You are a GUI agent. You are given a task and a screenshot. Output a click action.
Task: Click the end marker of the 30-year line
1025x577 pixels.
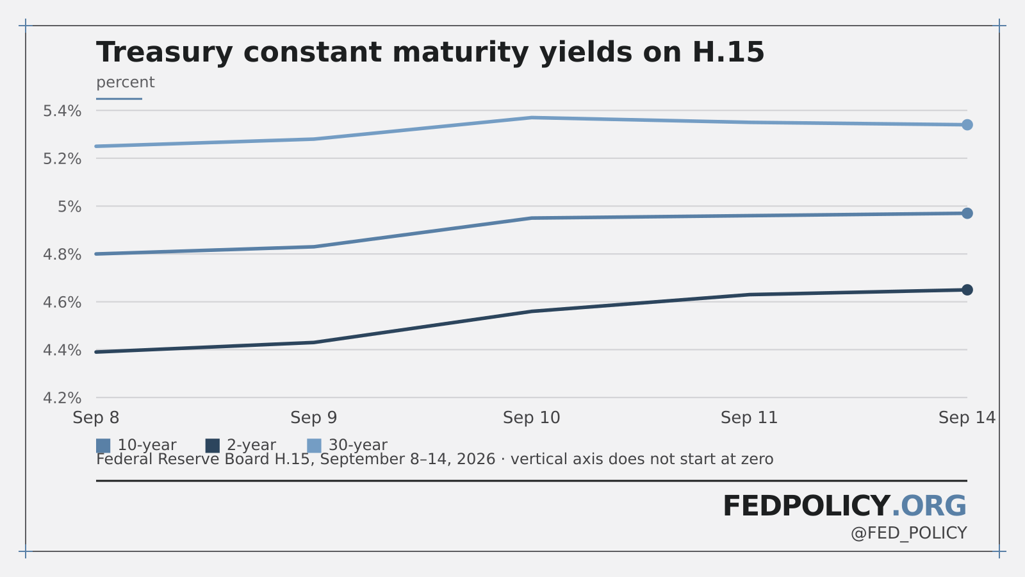(x=967, y=124)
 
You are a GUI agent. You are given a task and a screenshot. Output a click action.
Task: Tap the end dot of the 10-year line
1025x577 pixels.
(x=967, y=213)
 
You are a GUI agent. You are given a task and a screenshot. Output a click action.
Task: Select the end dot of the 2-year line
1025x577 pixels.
(x=967, y=290)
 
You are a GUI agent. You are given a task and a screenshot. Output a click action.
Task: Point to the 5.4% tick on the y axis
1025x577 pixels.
(x=62, y=111)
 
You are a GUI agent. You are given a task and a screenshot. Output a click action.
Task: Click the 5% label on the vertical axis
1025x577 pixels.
(x=70, y=206)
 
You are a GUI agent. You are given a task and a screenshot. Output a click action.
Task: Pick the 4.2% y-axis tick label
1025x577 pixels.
(x=62, y=398)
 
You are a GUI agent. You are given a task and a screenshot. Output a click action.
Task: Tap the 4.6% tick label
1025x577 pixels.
(x=62, y=302)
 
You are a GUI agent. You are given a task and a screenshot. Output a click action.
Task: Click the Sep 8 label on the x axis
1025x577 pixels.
(x=96, y=417)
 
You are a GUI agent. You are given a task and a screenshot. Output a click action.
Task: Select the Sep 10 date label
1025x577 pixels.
(x=531, y=417)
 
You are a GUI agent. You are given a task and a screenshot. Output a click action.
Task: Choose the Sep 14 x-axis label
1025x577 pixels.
(x=967, y=417)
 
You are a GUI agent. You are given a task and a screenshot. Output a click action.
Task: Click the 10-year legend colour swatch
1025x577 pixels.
(x=103, y=446)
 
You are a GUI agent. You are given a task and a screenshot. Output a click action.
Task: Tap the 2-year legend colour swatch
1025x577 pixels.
(x=212, y=446)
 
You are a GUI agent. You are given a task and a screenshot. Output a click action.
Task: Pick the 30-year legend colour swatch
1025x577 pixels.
(x=314, y=446)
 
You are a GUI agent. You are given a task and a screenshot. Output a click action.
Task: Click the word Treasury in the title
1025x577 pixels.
(x=165, y=53)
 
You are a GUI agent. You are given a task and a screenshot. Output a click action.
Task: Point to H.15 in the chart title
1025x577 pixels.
(x=728, y=52)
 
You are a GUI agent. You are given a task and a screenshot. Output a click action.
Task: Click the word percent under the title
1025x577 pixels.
(x=126, y=83)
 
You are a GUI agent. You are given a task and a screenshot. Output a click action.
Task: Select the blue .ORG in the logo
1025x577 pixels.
(x=929, y=506)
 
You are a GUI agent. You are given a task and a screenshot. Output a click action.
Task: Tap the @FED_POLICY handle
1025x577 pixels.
(x=909, y=533)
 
